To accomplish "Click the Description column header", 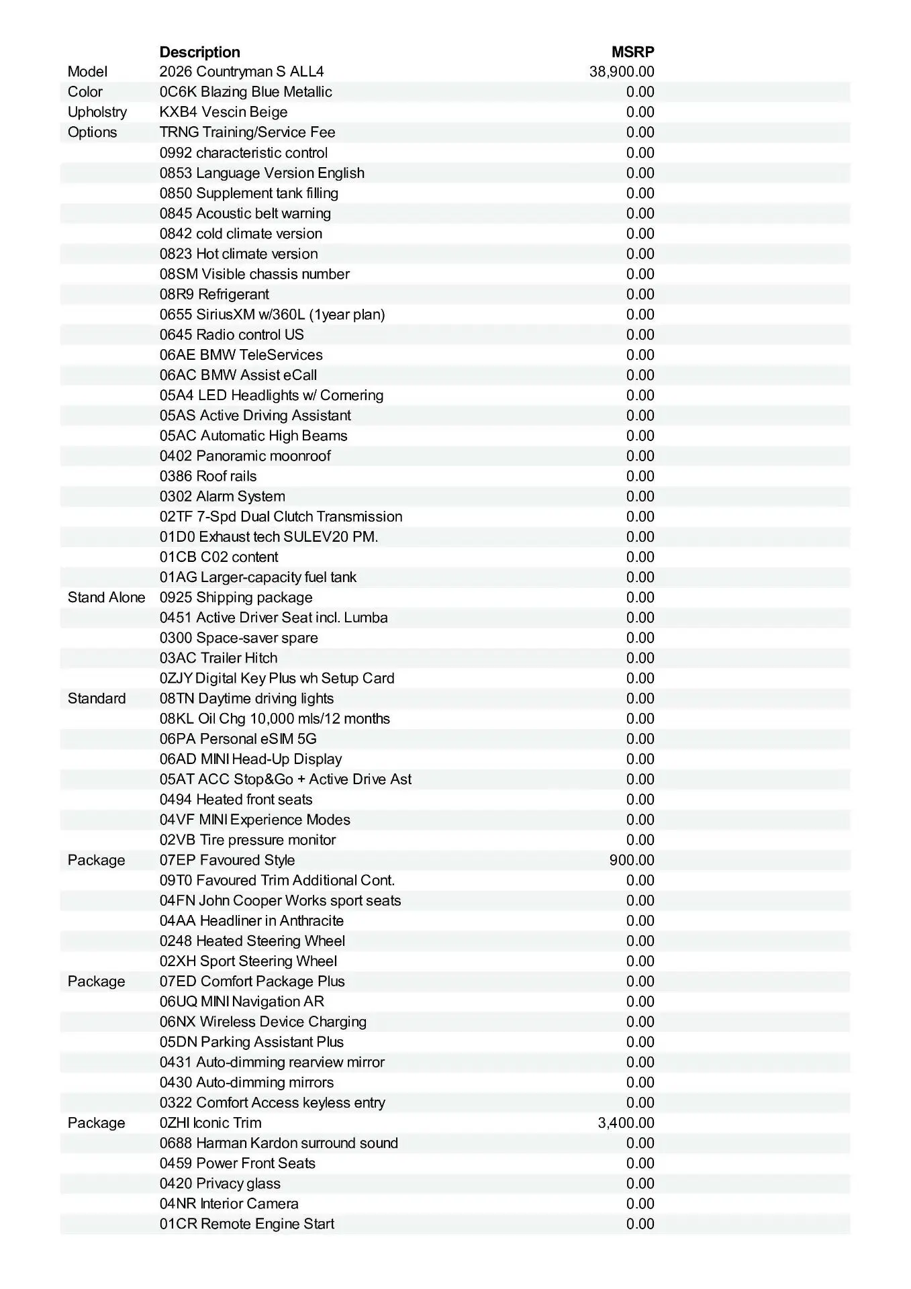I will click(199, 52).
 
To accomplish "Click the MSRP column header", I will click(632, 52).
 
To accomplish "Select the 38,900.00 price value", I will click(622, 72).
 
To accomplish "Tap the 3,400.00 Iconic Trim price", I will click(626, 1123).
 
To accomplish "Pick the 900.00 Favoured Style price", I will click(632, 860).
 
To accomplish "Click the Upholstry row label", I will click(97, 112).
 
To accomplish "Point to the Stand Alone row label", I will click(106, 598).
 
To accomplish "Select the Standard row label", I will click(97, 698).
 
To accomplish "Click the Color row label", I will click(85, 92).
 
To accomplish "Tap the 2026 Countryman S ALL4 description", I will click(242, 72).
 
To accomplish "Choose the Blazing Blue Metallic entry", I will click(246, 92).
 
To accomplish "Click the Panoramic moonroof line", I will click(245, 456).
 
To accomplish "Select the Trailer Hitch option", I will click(218, 658).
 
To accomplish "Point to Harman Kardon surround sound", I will click(279, 1143).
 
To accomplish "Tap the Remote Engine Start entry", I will click(247, 1224).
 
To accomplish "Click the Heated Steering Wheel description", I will click(252, 941).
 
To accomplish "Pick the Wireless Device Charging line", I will click(263, 1022).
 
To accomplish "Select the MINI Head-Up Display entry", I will click(250, 759).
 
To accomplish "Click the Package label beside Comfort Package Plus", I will click(96, 982).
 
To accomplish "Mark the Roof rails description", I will click(208, 476).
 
